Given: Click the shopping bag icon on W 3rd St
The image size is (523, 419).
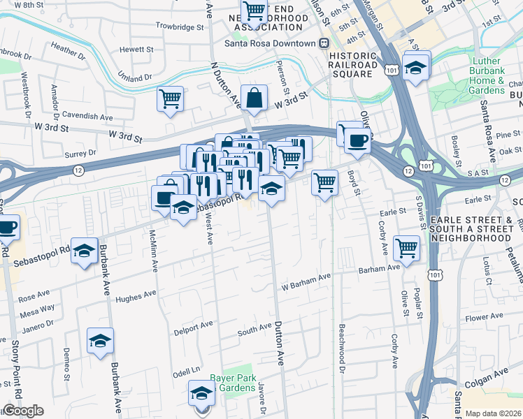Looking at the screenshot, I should point(254,98).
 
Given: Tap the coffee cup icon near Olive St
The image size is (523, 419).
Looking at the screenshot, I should point(357,139).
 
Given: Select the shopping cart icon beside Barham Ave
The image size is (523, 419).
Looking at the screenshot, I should point(406,247).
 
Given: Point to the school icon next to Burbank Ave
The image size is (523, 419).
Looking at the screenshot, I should point(100,341).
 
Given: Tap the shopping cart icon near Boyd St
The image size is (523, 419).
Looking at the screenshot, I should point(324,182).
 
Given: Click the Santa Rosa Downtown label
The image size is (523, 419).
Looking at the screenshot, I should point(270,43).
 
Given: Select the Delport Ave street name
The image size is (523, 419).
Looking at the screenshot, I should point(193,325).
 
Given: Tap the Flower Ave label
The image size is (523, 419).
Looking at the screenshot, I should point(485,316).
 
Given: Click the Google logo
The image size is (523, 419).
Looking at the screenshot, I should point(23,411).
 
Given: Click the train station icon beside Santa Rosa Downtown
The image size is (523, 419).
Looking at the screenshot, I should point(324,43).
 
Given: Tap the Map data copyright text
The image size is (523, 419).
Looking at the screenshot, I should point(494,413).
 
